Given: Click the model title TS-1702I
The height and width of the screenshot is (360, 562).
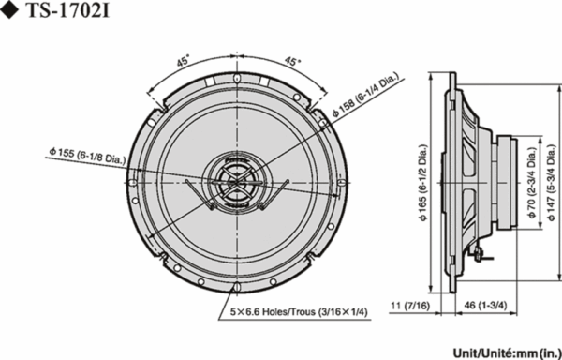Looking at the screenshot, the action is click(67, 10).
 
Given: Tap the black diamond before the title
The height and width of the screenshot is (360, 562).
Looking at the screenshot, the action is click(10, 11).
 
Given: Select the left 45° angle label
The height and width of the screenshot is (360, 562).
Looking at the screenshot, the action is click(183, 62).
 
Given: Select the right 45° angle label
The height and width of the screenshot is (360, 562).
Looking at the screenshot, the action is click(293, 62).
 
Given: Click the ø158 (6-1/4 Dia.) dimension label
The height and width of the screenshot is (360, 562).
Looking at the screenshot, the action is click(365, 96).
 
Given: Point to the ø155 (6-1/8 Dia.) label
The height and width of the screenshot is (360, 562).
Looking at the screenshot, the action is click(87, 156).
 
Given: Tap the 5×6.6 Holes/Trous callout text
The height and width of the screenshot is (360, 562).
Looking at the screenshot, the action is click(299, 312).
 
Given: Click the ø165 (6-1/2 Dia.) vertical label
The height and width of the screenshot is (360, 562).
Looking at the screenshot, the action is click(423, 183).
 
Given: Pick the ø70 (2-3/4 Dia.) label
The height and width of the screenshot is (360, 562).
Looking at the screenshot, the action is click(531, 183).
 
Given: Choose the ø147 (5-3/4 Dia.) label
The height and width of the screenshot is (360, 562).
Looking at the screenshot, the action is click(553, 183).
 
